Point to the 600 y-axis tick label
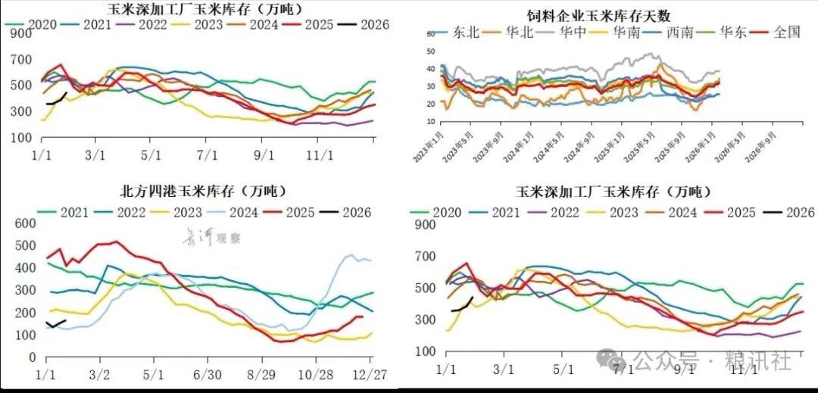[25, 223]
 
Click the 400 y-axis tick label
[25, 268]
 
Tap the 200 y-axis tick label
[25, 313]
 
